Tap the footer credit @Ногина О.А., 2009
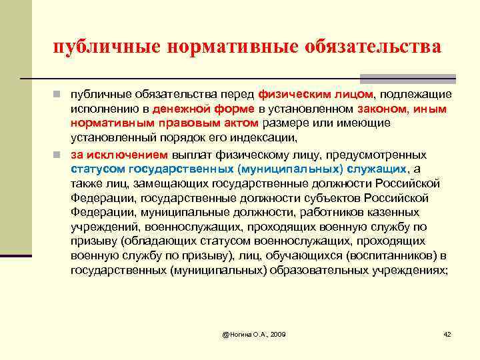tap(253, 333)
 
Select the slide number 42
tap(447, 333)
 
